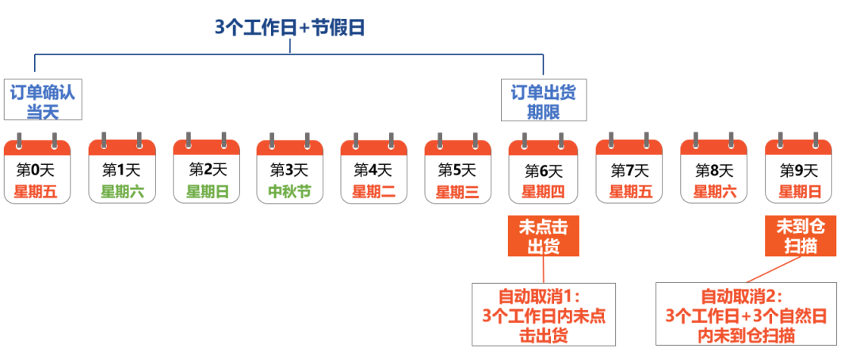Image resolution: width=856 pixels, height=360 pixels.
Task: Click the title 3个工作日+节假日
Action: click(289, 27)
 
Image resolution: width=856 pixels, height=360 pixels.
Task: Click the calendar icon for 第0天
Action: click(37, 170)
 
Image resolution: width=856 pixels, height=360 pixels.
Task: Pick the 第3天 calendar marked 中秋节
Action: click(290, 170)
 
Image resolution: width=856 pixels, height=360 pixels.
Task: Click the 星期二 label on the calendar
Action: click(374, 191)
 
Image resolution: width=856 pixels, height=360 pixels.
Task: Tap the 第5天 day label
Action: click(457, 170)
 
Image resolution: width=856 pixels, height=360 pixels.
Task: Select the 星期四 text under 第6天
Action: click(544, 191)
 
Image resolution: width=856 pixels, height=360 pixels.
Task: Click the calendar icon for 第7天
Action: click(629, 170)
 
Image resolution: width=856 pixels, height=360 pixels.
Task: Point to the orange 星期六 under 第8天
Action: click(714, 191)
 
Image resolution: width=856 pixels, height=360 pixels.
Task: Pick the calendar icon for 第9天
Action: click(798, 170)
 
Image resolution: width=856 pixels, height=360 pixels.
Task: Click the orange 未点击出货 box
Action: click(544, 236)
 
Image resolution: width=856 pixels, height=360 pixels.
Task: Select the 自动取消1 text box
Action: click(544, 315)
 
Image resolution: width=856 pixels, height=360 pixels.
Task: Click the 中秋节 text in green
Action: click(290, 191)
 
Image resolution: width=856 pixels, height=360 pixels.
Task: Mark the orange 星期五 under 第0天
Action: click(37, 191)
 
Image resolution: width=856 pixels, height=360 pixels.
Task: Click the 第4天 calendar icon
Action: click(374, 170)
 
